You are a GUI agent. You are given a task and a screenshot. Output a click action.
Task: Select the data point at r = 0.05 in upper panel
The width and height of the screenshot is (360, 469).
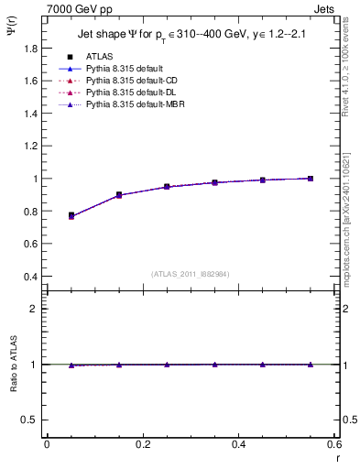click(x=71, y=215)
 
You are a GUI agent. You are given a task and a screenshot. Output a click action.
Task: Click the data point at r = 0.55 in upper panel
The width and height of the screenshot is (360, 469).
click(x=311, y=179)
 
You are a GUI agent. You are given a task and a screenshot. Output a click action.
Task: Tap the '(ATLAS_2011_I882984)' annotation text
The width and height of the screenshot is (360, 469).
click(x=190, y=274)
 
